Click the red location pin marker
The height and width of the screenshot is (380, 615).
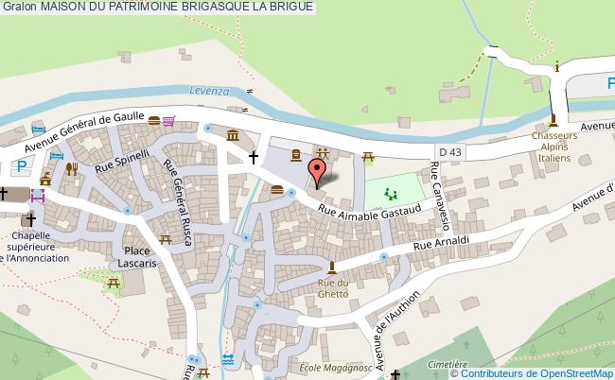point(319,170)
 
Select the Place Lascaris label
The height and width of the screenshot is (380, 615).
point(137,256)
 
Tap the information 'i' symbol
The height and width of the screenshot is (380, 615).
point(557,65)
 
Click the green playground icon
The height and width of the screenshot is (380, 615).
point(389,196)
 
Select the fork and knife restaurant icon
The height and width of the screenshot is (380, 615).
point(71,170)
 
